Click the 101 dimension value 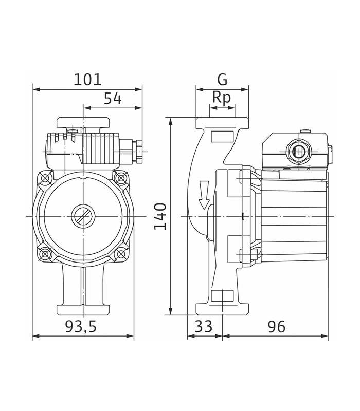87,80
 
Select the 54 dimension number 113,99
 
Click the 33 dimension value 205,326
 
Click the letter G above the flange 222,80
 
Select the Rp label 222,98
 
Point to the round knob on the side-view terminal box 298,152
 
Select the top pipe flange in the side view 222,123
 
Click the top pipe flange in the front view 83,123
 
